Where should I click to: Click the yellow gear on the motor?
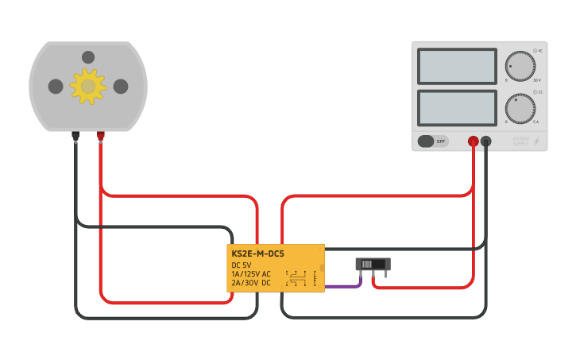tap(87, 86)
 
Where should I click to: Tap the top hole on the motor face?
tap(88, 57)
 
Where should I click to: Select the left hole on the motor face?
tap(56, 86)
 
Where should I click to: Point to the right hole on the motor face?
tap(121, 86)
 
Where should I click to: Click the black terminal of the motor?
tap(75, 136)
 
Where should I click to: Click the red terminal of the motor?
tap(101, 136)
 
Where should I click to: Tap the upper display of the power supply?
tap(457, 67)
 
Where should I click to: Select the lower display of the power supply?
tap(457, 106)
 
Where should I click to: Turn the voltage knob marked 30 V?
tap(520, 67)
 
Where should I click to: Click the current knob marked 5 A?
tap(520, 109)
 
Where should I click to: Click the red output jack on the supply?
tap(474, 141)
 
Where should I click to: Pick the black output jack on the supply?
tap(486, 141)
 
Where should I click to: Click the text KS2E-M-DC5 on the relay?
tap(257, 254)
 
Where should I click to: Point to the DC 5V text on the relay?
tap(242, 265)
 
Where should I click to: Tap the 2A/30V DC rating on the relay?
tap(251, 283)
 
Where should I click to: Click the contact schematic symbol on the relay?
tap(296, 278)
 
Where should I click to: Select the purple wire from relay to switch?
tap(343, 285)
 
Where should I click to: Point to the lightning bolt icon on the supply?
tap(537, 141)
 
